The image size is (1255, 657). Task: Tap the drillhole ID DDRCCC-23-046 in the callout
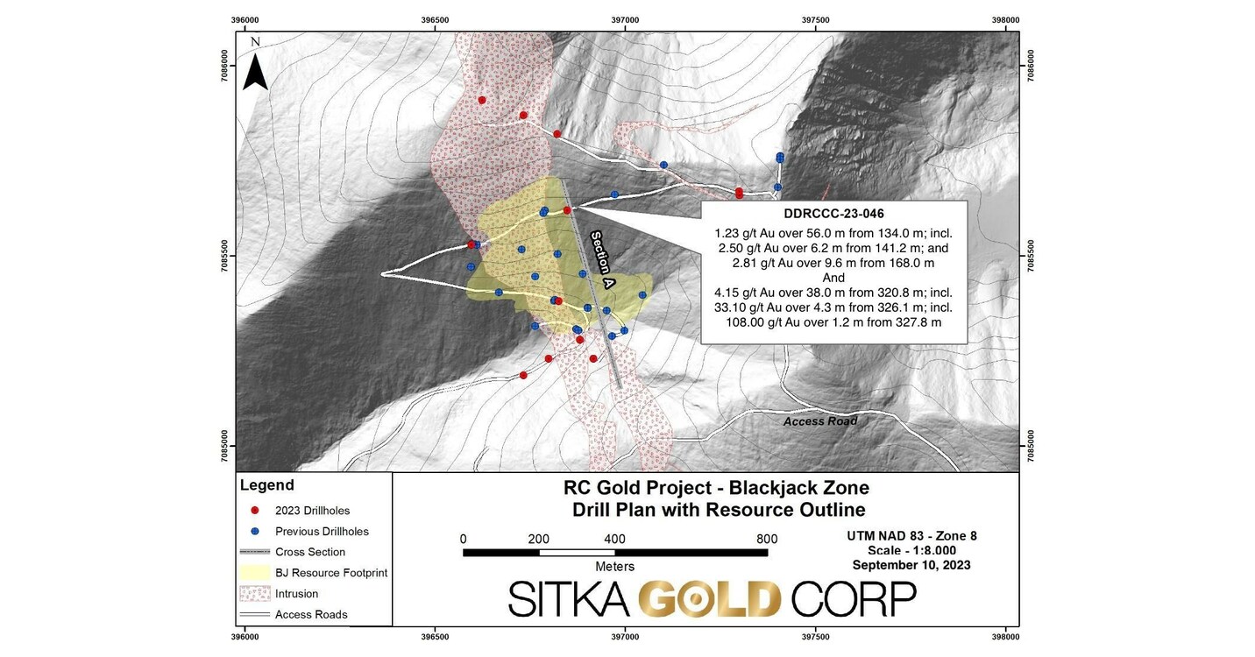pos(833,214)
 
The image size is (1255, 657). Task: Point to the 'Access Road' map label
pos(819,421)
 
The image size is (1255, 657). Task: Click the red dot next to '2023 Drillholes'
pos(254,510)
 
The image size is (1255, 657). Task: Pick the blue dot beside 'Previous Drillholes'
pos(254,531)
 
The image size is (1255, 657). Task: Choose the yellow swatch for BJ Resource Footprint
pos(254,573)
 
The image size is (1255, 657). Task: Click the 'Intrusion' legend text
pos(296,594)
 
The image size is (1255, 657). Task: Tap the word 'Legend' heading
pos(267,485)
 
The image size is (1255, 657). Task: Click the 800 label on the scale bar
pos(767,539)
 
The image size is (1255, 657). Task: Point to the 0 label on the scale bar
pos(463,539)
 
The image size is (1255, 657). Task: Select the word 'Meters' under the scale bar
pos(614,567)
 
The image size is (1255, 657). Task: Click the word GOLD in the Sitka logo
pos(709,600)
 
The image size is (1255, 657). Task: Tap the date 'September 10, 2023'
pos(911,565)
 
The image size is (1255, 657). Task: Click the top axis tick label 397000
pos(625,20)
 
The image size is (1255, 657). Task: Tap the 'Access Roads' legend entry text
pos(311,615)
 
